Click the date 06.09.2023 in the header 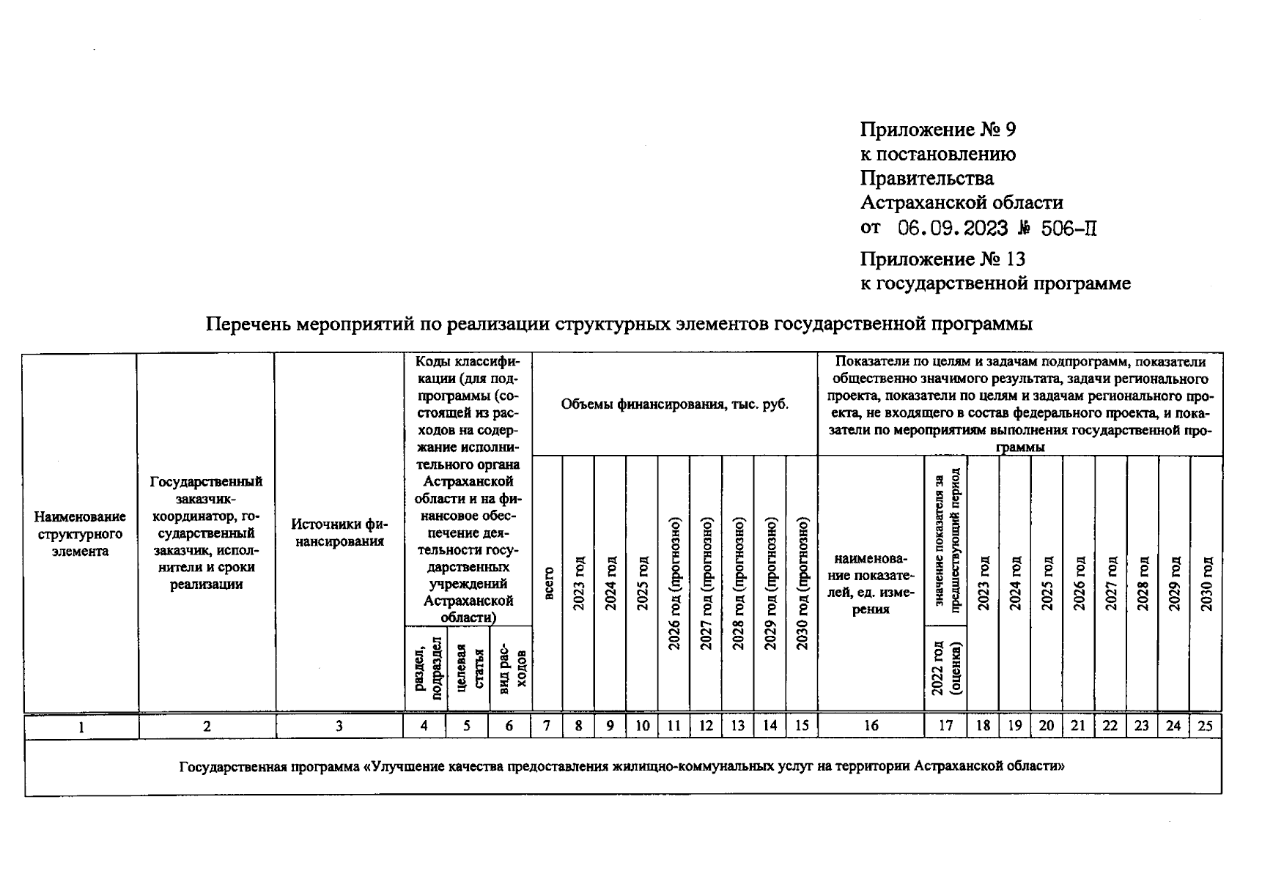[953, 229]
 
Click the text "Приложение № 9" [937, 130]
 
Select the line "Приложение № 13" [942, 259]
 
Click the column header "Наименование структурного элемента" [81, 534]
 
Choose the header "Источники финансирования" [339, 533]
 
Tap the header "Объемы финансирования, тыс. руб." [674, 404]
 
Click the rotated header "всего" [548, 584]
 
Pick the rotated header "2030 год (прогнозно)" [802, 584]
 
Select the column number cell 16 [871, 726]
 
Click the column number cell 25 [1206, 726]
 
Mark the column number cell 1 [81, 727]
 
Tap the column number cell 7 [547, 726]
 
